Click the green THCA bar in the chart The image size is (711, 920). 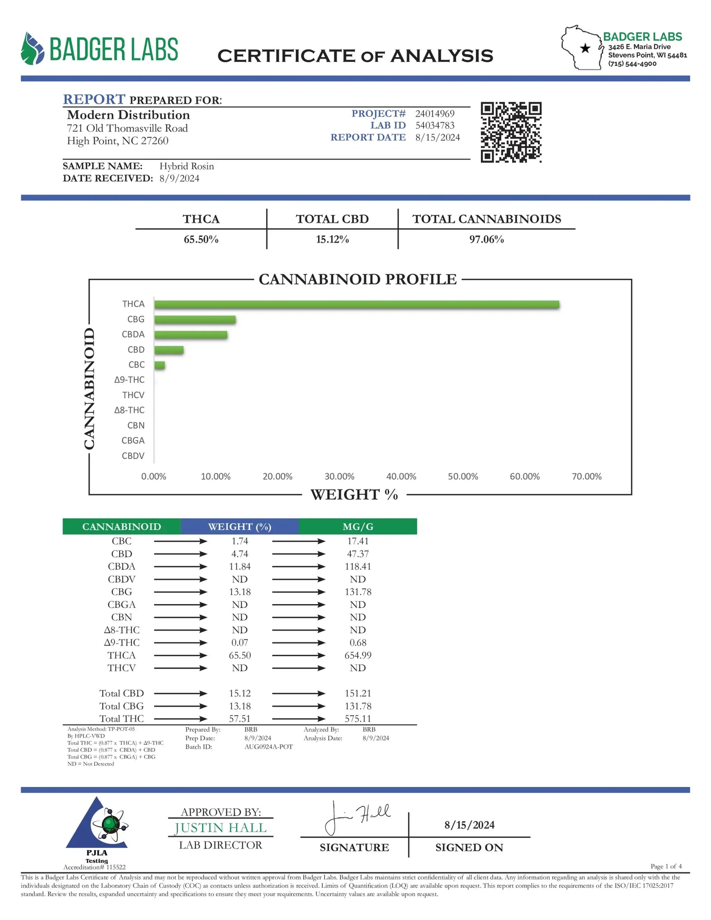tap(356, 305)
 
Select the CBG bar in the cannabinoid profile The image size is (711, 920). tap(195, 320)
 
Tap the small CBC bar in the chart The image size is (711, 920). tap(159, 365)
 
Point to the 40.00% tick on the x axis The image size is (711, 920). tap(401, 476)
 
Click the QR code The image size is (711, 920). tap(511, 132)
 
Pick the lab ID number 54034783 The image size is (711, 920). tap(434, 125)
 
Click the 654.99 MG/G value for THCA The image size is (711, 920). tap(358, 655)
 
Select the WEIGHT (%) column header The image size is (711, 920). tap(240, 526)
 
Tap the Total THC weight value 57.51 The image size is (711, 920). tap(240, 719)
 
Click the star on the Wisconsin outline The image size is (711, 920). tap(585, 48)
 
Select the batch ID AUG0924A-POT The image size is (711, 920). tap(268, 747)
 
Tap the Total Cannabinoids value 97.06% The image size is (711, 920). tap(486, 240)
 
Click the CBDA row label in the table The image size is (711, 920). tap(122, 567)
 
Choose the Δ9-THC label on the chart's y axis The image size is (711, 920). tap(129, 380)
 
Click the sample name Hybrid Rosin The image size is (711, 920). tap(186, 166)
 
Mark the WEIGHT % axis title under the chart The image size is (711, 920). tap(354, 494)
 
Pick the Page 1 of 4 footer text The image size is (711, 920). tap(666, 866)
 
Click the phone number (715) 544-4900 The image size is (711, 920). tap(632, 63)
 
